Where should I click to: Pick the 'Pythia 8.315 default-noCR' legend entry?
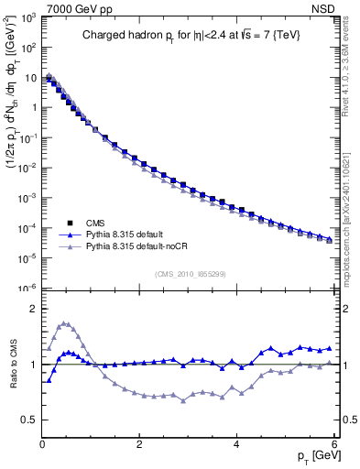[140, 247]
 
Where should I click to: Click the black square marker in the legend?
[69, 223]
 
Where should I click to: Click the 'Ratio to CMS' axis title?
[12, 365]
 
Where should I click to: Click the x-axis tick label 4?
[236, 445]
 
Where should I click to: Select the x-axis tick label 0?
[42, 445]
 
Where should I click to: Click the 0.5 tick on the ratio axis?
[30, 420]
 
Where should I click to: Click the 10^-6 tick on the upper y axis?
[28, 288]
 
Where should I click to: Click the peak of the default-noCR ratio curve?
[63, 322]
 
